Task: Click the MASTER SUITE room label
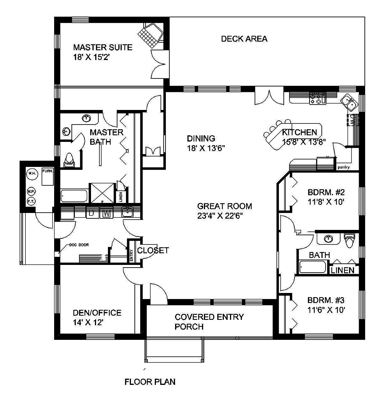pyautogui.click(x=103, y=48)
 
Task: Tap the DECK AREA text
pyautogui.click(x=244, y=39)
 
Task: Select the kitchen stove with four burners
pyautogui.click(x=318, y=98)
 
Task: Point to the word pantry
pyautogui.click(x=343, y=167)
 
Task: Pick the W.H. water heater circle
pyautogui.click(x=31, y=174)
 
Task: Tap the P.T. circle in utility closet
pyautogui.click(x=31, y=201)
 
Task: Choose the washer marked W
pyautogui.click(x=107, y=213)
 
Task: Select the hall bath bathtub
pyautogui.click(x=313, y=267)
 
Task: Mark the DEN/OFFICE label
pyautogui.click(x=97, y=313)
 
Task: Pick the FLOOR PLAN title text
pyautogui.click(x=150, y=382)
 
